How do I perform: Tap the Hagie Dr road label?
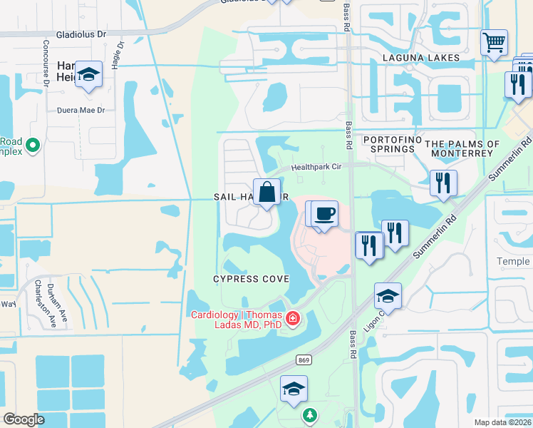[117, 54]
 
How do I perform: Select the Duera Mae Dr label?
[81, 110]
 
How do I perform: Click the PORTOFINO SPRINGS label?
[388, 144]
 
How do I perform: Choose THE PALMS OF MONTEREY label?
[463, 148]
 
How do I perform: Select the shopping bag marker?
[266, 193]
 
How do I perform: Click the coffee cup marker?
[324, 214]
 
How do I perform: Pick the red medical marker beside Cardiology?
[291, 319]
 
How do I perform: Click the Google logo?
[24, 419]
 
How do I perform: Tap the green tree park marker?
[309, 415]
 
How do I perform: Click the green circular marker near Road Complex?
[32, 146]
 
